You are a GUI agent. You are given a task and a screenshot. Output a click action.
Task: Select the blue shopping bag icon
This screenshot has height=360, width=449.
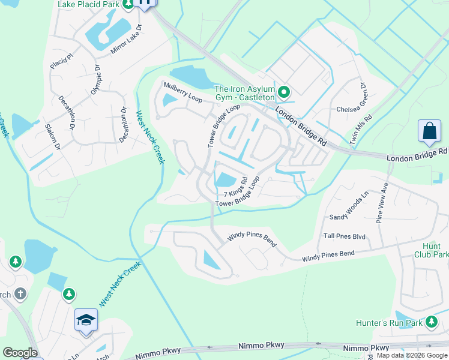pyautogui.click(x=430, y=131)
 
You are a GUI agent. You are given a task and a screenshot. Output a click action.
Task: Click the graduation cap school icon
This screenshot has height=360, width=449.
pyautogui.click(x=86, y=320)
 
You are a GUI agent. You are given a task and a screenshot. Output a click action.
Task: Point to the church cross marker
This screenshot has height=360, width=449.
pyautogui.click(x=20, y=293)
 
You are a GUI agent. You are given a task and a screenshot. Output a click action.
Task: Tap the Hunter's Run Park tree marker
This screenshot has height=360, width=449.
pyautogui.click(x=431, y=323)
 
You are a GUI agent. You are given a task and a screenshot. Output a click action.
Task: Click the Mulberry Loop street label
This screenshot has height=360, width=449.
pyautogui.click(x=182, y=92)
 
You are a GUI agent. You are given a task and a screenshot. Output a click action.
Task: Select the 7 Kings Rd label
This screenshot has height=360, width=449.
pyautogui.click(x=236, y=187)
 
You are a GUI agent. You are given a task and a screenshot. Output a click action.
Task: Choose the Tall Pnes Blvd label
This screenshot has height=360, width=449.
pyautogui.click(x=345, y=236)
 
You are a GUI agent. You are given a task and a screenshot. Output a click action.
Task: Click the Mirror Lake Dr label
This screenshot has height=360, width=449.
pyautogui.click(x=125, y=41)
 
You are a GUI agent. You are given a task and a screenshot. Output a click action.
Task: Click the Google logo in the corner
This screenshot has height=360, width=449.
pyautogui.click(x=20, y=353)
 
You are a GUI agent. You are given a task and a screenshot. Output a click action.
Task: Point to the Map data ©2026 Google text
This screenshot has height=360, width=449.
pyautogui.click(x=412, y=355)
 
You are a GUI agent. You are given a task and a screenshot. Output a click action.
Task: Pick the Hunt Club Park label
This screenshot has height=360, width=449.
pyautogui.click(x=431, y=250)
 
